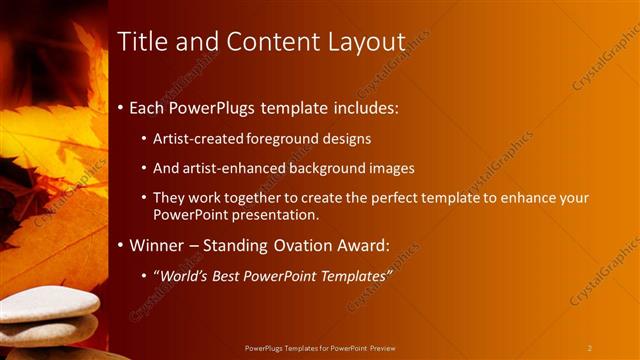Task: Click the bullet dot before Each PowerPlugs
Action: pyautogui.click(x=121, y=105)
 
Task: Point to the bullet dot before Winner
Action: pyautogui.click(x=121, y=245)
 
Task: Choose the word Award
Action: pyautogui.click(x=368, y=245)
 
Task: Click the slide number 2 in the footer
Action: pyautogui.click(x=590, y=347)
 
